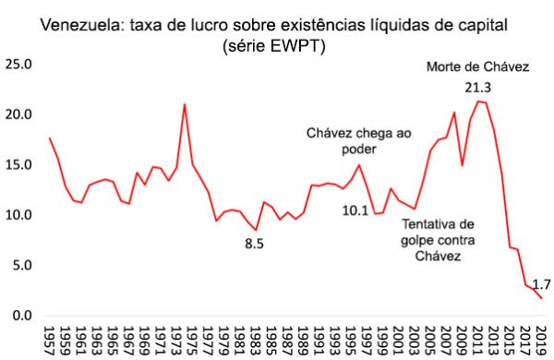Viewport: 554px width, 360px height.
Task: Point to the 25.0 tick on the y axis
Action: (x=19, y=65)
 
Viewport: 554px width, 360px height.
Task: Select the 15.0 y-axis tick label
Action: (x=19, y=165)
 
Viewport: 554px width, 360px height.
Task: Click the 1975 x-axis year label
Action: (x=185, y=338)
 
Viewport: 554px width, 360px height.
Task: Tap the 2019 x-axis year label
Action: (x=540, y=338)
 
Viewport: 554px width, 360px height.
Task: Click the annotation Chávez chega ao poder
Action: (x=358, y=141)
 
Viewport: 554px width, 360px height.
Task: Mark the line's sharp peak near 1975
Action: (x=185, y=104)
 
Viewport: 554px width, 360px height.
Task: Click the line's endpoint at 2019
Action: (x=541, y=299)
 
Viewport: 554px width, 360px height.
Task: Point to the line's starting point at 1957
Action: (x=50, y=138)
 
